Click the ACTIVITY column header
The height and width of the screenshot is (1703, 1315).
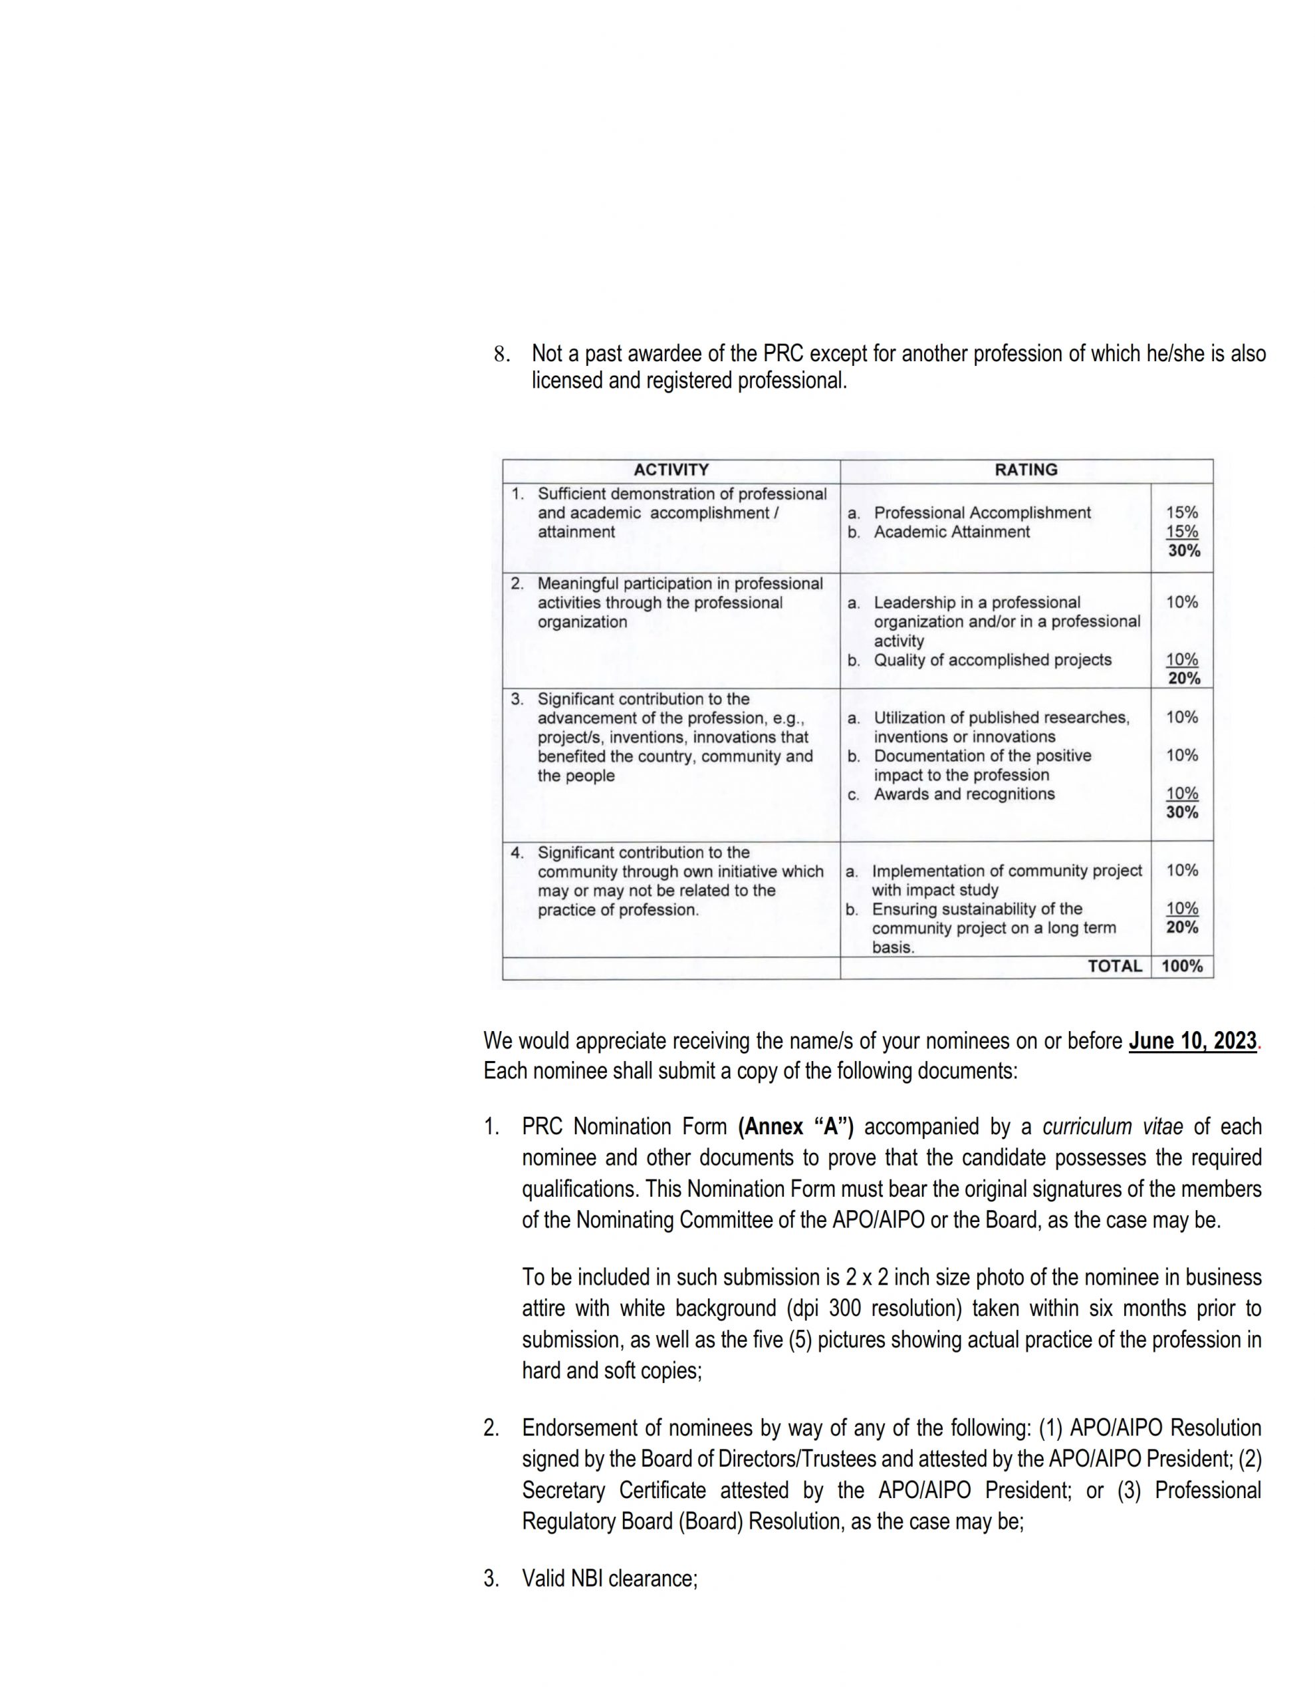tap(670, 470)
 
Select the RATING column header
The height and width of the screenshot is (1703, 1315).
tap(1025, 470)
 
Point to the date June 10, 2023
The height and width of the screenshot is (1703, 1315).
tap(1192, 1041)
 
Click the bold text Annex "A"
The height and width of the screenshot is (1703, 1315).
tap(795, 1127)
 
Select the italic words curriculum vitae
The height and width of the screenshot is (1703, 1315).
tap(1112, 1127)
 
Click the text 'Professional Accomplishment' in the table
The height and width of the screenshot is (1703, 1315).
tap(981, 512)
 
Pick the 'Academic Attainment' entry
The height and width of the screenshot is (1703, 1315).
tap(951, 532)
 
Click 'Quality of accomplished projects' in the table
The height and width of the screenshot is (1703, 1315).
tap(993, 660)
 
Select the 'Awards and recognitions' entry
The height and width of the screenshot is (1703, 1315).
tap(963, 794)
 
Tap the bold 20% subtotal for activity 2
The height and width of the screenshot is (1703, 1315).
tap(1183, 679)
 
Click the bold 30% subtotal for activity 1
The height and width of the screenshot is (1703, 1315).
tap(1183, 551)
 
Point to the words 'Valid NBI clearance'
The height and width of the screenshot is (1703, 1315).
tap(609, 1579)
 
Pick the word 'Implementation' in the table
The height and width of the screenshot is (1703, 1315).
tap(925, 870)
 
